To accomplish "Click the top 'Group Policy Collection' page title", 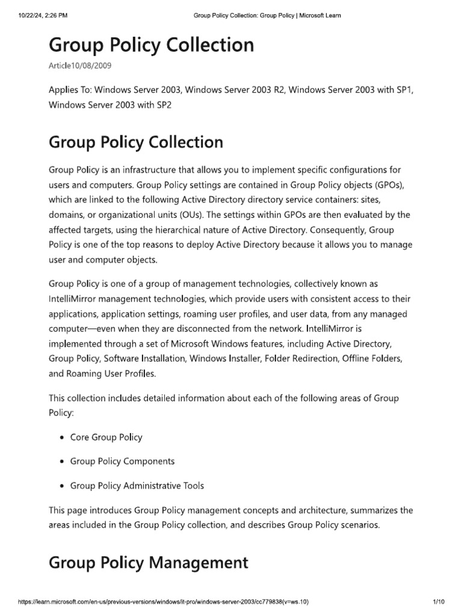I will pyautogui.click(x=151, y=45).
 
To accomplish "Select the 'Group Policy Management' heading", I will pyautogui.click(x=148, y=562).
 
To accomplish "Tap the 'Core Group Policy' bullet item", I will pyautogui.click(x=106, y=437).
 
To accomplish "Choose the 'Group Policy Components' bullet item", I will pyautogui.click(x=123, y=461).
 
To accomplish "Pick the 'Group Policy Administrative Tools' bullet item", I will pyautogui.click(x=137, y=485).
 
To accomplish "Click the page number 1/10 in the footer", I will pyautogui.click(x=437, y=601).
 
